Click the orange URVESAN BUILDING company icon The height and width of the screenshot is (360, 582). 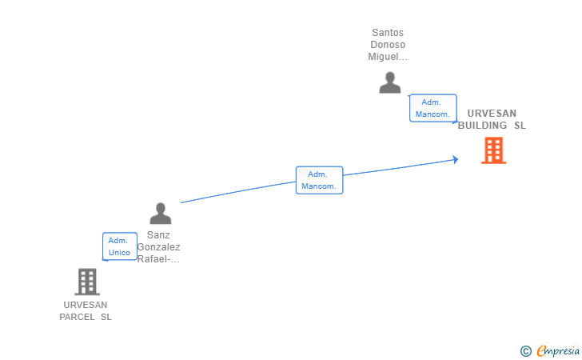point(493,150)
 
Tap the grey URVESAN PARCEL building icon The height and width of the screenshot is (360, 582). point(86,282)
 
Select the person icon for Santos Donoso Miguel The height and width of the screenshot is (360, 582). point(389,82)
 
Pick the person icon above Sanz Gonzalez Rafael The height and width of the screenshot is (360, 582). point(161,214)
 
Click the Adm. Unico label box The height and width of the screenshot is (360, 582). point(119,246)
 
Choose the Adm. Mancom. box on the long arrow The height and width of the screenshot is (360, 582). point(319,180)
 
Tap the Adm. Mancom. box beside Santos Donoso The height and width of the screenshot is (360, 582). point(433,108)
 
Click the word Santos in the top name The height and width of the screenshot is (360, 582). point(388,33)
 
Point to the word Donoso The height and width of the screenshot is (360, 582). point(388,45)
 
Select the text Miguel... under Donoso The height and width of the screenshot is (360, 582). point(388,57)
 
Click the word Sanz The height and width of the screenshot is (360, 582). point(158,235)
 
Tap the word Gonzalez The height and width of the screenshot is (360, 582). point(158,247)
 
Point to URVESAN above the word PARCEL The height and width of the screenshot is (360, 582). point(86,305)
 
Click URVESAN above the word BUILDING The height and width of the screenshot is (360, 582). point(492,114)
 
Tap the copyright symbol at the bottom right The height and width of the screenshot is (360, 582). point(525,350)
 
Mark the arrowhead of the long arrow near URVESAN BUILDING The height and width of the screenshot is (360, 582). point(455,159)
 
